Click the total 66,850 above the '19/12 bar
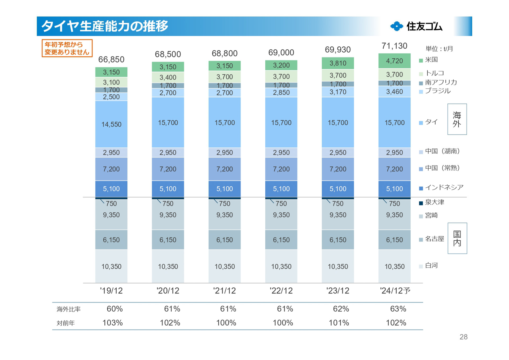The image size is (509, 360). tap(111, 59)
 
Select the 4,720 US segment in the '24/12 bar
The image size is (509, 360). tap(394, 61)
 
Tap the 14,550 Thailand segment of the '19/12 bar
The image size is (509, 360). tap(111, 124)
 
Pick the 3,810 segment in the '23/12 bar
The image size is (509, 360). tap(338, 63)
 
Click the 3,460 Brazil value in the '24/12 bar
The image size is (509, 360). tap(394, 92)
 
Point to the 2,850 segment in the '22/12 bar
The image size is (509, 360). tap(281, 93)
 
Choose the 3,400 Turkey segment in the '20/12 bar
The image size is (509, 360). tap(168, 77)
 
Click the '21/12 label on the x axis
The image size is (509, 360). tap(224, 291)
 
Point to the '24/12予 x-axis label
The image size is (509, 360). tap(395, 291)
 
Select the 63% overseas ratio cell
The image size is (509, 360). tap(398, 309)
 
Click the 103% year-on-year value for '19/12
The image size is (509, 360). tap(112, 323)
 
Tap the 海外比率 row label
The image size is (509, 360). tap(68, 309)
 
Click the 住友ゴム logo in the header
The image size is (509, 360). tap(416, 26)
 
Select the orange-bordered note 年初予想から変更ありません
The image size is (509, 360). tap(67, 48)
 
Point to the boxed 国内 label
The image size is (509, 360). tap(457, 238)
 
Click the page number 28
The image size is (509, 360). tap(463, 337)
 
